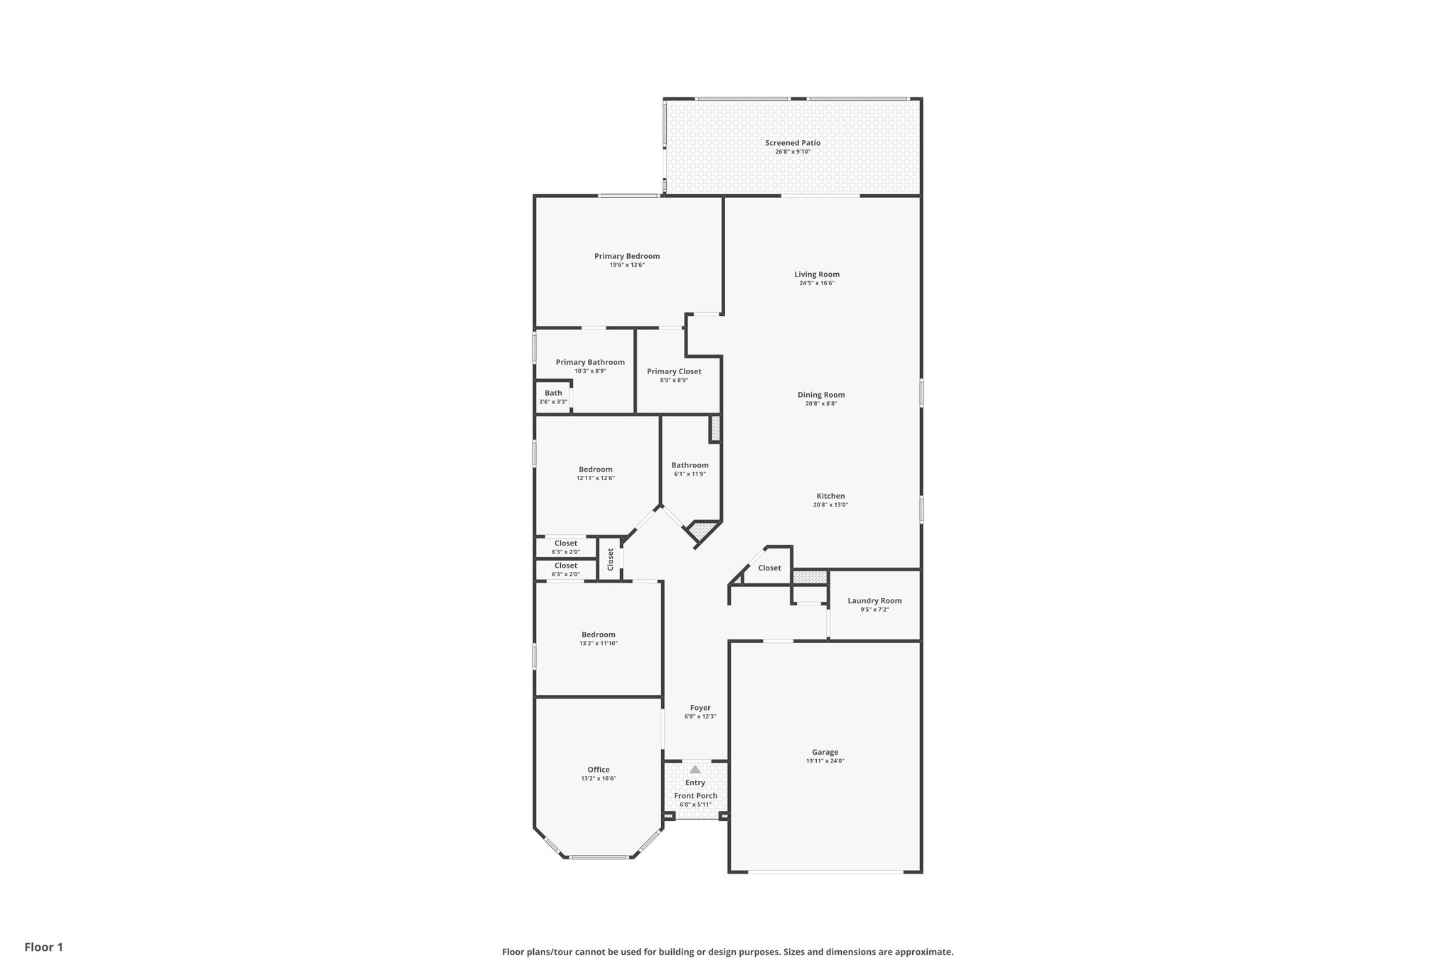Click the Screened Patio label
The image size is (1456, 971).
pyautogui.click(x=793, y=143)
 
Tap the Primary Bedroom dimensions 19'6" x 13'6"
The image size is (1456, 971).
pyautogui.click(x=627, y=265)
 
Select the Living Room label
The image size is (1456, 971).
pyautogui.click(x=817, y=275)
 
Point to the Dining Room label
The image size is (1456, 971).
pyautogui.click(x=821, y=395)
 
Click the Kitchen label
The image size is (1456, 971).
pyautogui.click(x=830, y=497)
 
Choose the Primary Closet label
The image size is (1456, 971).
pyautogui.click(x=674, y=371)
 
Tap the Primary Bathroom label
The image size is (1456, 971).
pyautogui.click(x=590, y=362)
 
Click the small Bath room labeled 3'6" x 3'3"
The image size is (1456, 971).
pyautogui.click(x=553, y=393)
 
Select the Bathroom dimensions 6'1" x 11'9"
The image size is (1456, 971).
pyautogui.click(x=690, y=474)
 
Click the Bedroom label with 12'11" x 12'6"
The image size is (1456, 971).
pyautogui.click(x=595, y=469)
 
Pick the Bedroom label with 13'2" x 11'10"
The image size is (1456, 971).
pyautogui.click(x=598, y=635)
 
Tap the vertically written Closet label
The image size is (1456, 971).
pyautogui.click(x=610, y=559)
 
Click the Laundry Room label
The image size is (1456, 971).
pyautogui.click(x=874, y=601)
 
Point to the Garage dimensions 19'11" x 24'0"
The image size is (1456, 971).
pyautogui.click(x=825, y=761)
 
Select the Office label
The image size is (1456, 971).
pyautogui.click(x=599, y=770)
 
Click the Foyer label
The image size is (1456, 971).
pyautogui.click(x=700, y=708)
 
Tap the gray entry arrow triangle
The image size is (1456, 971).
pyautogui.click(x=695, y=770)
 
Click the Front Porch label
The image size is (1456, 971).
pyautogui.click(x=695, y=796)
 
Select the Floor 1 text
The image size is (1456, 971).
pyautogui.click(x=44, y=948)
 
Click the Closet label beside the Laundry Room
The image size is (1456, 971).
pyautogui.click(x=769, y=568)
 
